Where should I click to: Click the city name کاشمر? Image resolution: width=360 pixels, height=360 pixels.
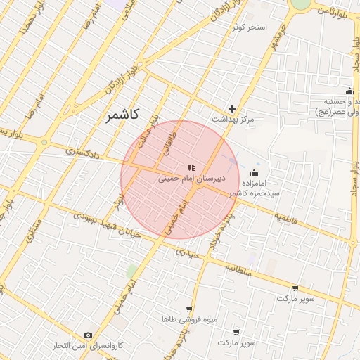123,115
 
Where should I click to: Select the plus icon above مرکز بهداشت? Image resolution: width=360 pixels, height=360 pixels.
233,108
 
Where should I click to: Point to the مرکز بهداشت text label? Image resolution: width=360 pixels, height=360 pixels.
233,120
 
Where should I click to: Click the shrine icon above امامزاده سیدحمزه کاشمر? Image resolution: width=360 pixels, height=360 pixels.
254,173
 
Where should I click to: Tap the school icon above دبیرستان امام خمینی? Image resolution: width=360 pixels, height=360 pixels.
191,167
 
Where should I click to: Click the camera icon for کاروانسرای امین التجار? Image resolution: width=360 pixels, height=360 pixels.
88,335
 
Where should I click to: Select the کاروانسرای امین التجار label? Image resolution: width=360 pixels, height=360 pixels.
89,346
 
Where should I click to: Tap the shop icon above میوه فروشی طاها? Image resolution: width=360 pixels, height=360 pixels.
188,309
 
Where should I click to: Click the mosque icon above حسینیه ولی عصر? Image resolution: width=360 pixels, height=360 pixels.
349,91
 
